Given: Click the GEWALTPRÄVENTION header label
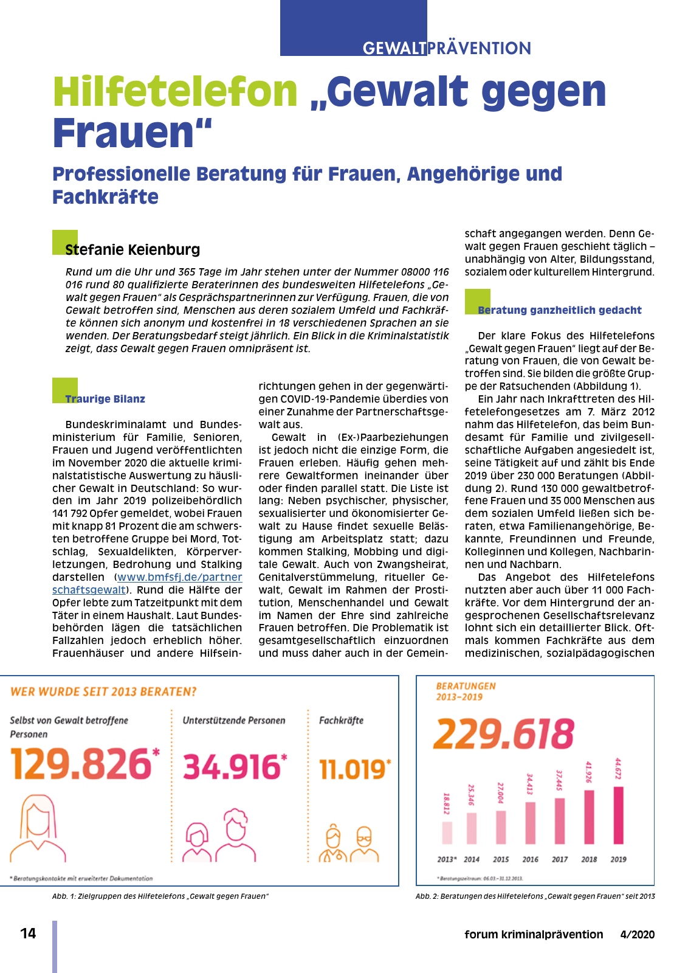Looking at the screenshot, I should (x=447, y=48).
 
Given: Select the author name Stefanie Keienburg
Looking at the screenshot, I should (x=132, y=249).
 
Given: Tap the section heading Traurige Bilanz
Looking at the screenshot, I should (x=105, y=399).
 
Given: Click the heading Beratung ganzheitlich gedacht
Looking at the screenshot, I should (x=559, y=310).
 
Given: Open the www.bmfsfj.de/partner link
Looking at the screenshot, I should (x=179, y=577).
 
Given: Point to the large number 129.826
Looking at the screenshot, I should (x=81, y=764).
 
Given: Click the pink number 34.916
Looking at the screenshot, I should (x=232, y=767).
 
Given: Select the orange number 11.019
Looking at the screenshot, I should (x=353, y=770).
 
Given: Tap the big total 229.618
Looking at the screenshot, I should (x=503, y=734).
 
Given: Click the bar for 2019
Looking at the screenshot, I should (x=619, y=815).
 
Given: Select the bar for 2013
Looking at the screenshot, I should (x=447, y=833).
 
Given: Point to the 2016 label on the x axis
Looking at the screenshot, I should (x=530, y=859).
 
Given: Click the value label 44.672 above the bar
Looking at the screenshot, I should (x=618, y=769).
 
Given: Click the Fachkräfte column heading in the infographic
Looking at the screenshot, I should (x=341, y=721).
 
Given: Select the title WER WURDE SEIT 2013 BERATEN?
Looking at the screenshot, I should (x=103, y=692).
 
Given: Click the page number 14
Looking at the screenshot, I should (x=28, y=933).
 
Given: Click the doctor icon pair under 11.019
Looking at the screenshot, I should (x=349, y=843).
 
